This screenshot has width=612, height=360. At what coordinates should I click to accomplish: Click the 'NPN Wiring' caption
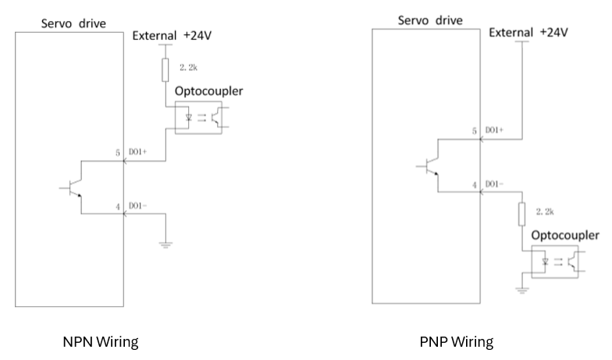click(101, 341)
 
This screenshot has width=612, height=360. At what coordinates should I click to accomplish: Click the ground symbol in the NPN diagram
click(165, 244)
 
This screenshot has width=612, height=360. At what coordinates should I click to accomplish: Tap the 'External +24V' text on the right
click(528, 32)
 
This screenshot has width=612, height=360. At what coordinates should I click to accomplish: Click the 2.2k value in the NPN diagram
click(189, 68)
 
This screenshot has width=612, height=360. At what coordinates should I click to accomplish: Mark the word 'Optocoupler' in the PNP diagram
click(566, 235)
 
